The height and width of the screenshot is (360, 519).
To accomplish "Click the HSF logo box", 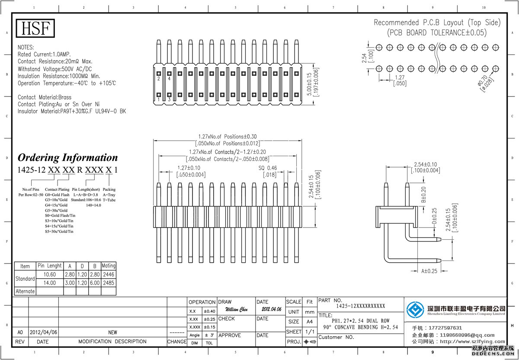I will (36, 29).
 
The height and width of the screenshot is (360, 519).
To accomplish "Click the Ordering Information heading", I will (67, 157).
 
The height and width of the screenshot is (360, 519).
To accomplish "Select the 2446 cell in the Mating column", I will (109, 274).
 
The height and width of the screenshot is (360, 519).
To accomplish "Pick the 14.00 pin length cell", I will (49, 283).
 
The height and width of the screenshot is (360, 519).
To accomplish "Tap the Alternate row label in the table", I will (25, 291).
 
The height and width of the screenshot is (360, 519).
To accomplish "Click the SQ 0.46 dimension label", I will (268, 168).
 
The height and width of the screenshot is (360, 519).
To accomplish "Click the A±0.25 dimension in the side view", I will (429, 271).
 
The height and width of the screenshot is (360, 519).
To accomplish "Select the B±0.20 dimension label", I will (423, 194).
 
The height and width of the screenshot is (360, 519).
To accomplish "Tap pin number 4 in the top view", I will (169, 79).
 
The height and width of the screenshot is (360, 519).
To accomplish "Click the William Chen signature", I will (237, 309).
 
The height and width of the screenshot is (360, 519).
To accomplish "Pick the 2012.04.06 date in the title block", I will (271, 309).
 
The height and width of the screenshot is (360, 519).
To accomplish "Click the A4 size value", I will (310, 321).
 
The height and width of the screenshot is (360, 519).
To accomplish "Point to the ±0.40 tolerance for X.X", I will (209, 311).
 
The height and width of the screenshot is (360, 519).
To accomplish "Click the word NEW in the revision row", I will (112, 332).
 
